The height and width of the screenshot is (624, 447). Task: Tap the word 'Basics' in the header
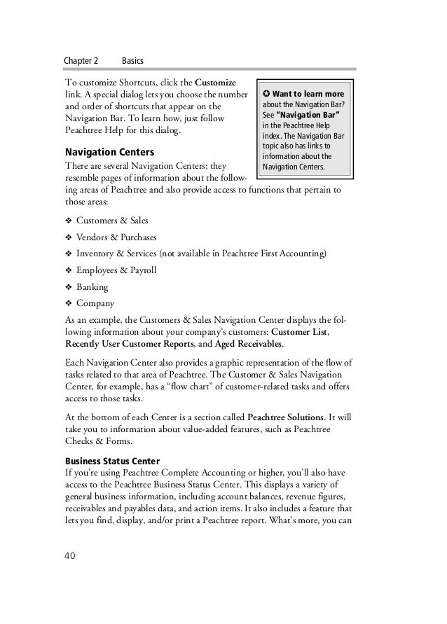point(133,61)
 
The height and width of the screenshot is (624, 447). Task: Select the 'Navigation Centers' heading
point(110,152)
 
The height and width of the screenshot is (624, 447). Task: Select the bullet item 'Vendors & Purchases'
point(116,237)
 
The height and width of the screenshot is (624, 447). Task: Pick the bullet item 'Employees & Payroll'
point(116,270)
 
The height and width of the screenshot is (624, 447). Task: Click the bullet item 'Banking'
point(92,287)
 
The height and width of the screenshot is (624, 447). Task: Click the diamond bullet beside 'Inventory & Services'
point(69,254)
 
